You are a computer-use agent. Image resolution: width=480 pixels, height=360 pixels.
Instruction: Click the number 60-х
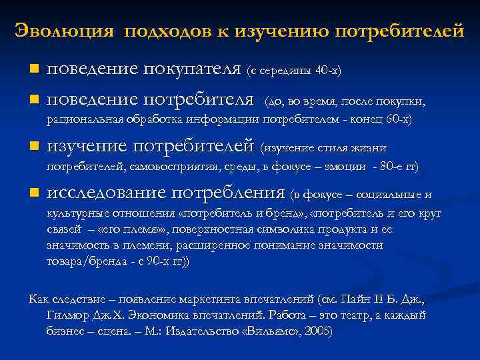click(399, 119)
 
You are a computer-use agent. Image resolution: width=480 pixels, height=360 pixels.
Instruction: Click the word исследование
click(107, 193)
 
